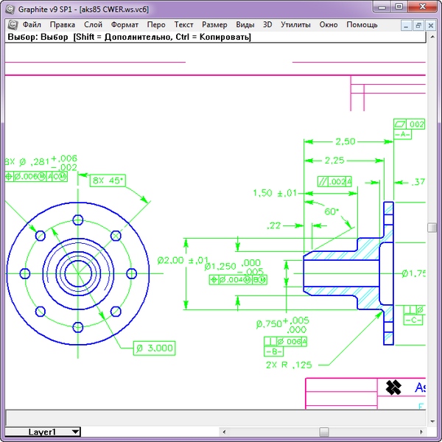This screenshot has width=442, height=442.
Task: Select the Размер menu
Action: [214, 24]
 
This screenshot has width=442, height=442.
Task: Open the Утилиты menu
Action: [295, 24]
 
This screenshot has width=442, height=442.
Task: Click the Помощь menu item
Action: [362, 24]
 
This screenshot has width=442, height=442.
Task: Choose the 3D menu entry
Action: [267, 24]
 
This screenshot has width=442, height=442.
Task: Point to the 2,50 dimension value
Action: [345, 141]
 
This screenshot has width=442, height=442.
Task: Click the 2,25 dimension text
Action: [335, 160]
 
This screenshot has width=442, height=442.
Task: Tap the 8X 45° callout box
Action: [108, 180]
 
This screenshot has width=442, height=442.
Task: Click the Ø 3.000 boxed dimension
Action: [154, 348]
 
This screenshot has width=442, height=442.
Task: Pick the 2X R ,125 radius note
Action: [289, 364]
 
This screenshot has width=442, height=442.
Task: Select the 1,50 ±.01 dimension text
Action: [274, 193]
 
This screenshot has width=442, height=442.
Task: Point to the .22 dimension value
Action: [274, 226]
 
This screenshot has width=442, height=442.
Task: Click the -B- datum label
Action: [274, 351]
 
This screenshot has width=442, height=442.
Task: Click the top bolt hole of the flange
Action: [76, 219]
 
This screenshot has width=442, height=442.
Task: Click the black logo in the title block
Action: [393, 387]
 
